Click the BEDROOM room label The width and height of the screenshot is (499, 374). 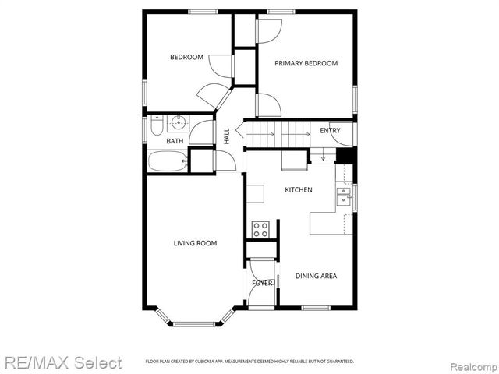point(187,57)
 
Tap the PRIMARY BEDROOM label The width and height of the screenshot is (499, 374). point(305,63)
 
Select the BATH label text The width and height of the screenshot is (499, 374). point(175,141)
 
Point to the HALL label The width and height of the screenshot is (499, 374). point(227,136)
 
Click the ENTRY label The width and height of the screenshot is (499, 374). point(330,130)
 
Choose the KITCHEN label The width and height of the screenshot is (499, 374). point(298,190)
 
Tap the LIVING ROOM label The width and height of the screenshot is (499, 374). point(195,243)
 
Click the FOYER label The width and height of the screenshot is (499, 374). point(262,283)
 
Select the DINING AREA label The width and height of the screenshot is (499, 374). point(316,275)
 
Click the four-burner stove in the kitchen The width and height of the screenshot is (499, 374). point(260,229)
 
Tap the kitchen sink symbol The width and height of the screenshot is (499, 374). point(343,195)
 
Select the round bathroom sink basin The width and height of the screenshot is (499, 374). point(179,122)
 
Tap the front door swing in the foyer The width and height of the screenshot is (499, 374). point(260,296)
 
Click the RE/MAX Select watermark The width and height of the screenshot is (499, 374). point(62,362)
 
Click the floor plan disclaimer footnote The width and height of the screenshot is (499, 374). point(249,362)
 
